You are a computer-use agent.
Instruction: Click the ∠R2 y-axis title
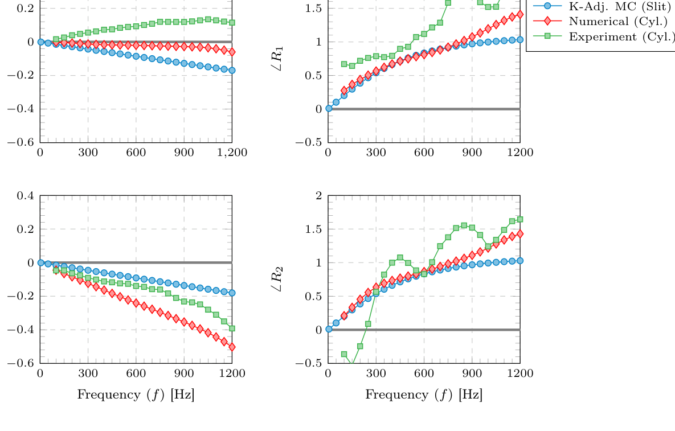277,279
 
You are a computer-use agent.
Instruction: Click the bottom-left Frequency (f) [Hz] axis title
136,395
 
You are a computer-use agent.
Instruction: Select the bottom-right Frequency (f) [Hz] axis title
424,395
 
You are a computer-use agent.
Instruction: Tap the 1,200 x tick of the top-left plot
232,152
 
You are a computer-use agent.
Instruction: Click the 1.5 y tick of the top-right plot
314,9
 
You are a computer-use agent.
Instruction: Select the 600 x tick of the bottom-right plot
424,373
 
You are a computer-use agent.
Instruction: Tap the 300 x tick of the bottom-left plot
88,373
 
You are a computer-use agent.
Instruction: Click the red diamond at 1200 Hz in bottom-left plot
232,347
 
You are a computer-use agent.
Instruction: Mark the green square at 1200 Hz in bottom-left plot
232,329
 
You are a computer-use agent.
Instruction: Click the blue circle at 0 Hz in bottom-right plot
328,329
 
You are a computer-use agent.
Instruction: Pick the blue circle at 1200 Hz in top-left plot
232,70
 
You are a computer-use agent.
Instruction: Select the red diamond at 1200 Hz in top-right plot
520,14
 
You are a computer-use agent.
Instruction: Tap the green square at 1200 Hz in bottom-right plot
520,219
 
